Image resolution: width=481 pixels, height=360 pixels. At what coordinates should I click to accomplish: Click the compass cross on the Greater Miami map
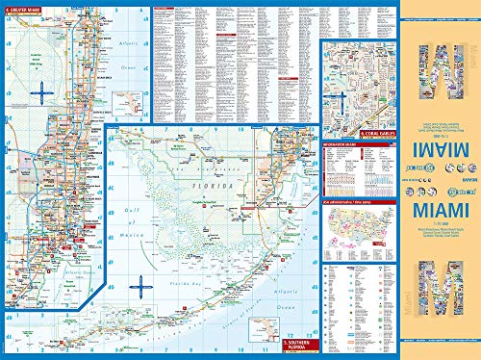click(41, 92)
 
